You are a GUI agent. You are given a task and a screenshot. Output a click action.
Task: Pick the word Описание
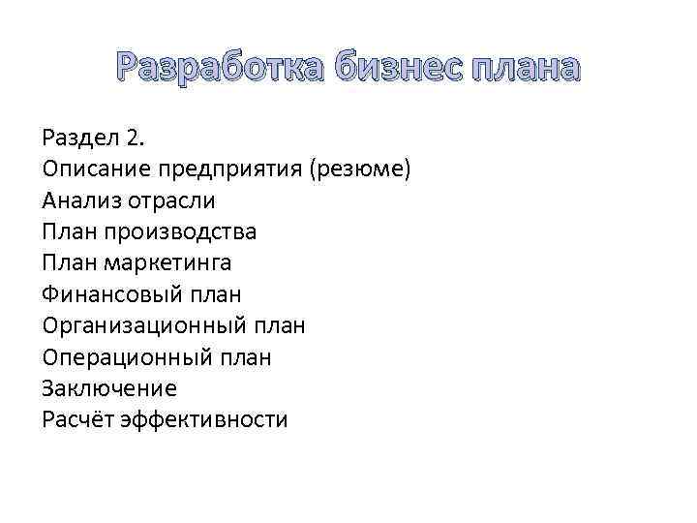[x=94, y=169]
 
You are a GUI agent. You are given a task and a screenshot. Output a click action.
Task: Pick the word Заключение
[x=109, y=388]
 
